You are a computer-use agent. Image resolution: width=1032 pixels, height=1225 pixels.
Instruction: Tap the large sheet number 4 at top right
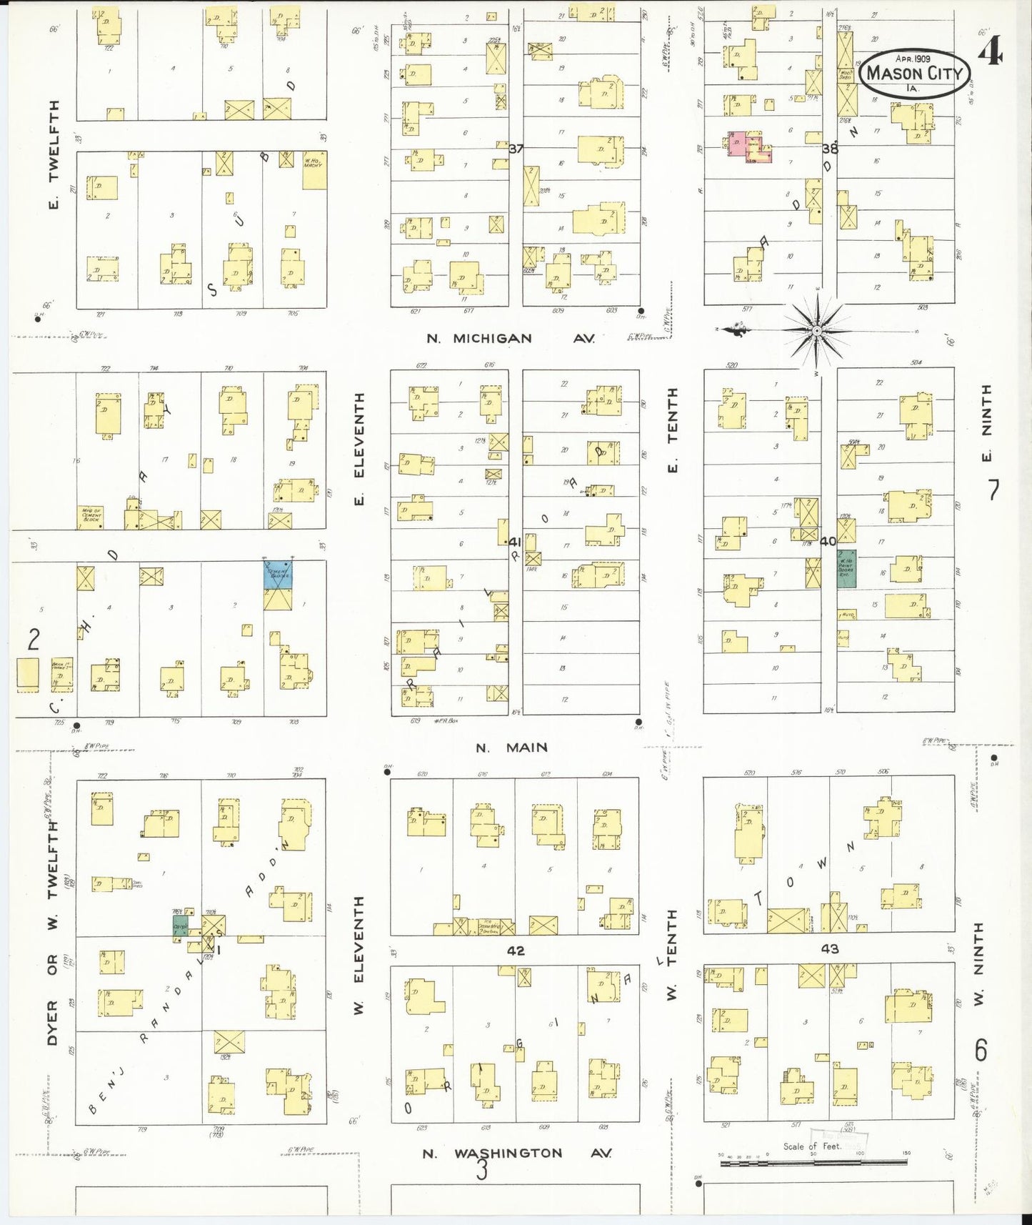[x=990, y=52]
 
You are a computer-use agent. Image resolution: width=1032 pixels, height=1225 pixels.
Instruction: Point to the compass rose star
[x=816, y=330]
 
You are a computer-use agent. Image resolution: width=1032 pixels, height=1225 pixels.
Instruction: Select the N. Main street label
[x=511, y=748]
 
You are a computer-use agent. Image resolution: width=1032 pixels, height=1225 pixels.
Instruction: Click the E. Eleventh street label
[x=359, y=448]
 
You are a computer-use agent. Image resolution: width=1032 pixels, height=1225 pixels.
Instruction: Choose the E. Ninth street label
[x=986, y=423]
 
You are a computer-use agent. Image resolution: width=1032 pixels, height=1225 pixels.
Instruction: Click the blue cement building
[x=278, y=575]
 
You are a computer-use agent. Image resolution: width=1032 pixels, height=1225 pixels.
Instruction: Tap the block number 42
[x=516, y=951]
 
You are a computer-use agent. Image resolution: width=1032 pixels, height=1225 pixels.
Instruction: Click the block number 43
[x=830, y=949]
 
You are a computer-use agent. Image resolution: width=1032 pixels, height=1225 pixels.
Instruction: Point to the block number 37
[x=516, y=149]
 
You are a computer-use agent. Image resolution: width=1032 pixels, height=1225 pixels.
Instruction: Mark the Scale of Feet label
[x=812, y=1146]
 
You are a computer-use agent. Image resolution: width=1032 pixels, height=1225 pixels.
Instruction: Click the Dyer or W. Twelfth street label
[x=52, y=934]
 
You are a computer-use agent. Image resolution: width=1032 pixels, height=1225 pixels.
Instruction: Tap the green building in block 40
[x=846, y=569]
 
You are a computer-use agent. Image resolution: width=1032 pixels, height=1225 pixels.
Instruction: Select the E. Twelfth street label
[x=53, y=155]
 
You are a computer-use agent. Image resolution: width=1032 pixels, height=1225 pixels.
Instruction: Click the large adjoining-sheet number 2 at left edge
[x=34, y=640]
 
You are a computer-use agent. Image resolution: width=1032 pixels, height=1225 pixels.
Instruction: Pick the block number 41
[x=514, y=542]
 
